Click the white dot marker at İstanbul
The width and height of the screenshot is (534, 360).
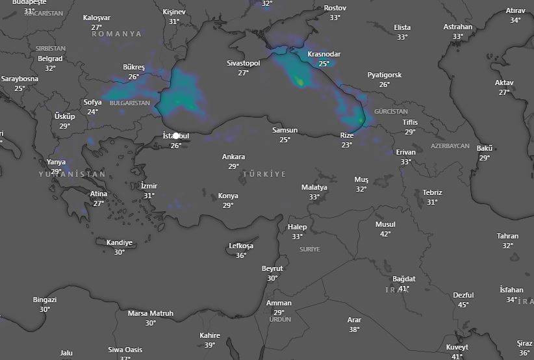click(175, 136)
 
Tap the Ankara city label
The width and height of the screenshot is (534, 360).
click(233, 157)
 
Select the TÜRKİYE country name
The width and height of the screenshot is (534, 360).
click(264, 175)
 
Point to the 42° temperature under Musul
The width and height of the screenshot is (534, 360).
click(385, 234)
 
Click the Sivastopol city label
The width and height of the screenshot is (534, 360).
click(243, 63)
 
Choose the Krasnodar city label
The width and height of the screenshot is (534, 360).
click(324, 54)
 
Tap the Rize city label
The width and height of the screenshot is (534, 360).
click(347, 135)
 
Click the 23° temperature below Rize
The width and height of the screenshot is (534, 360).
click(347, 145)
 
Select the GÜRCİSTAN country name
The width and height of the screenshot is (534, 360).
click(390, 112)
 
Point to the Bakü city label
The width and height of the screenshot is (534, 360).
click(485, 148)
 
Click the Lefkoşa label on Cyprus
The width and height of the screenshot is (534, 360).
click(241, 246)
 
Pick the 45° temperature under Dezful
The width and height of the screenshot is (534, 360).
click(463, 305)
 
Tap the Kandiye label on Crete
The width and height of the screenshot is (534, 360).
click(119, 242)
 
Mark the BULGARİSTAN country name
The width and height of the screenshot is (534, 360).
click(130, 103)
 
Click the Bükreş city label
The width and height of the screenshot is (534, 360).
click(134, 67)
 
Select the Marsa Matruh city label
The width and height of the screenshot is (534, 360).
click(150, 313)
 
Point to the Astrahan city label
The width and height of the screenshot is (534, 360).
click(457, 27)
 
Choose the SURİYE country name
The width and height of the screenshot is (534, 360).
click(310, 249)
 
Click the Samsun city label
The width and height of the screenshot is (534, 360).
click(285, 130)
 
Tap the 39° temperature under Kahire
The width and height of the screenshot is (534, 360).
click(210, 345)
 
